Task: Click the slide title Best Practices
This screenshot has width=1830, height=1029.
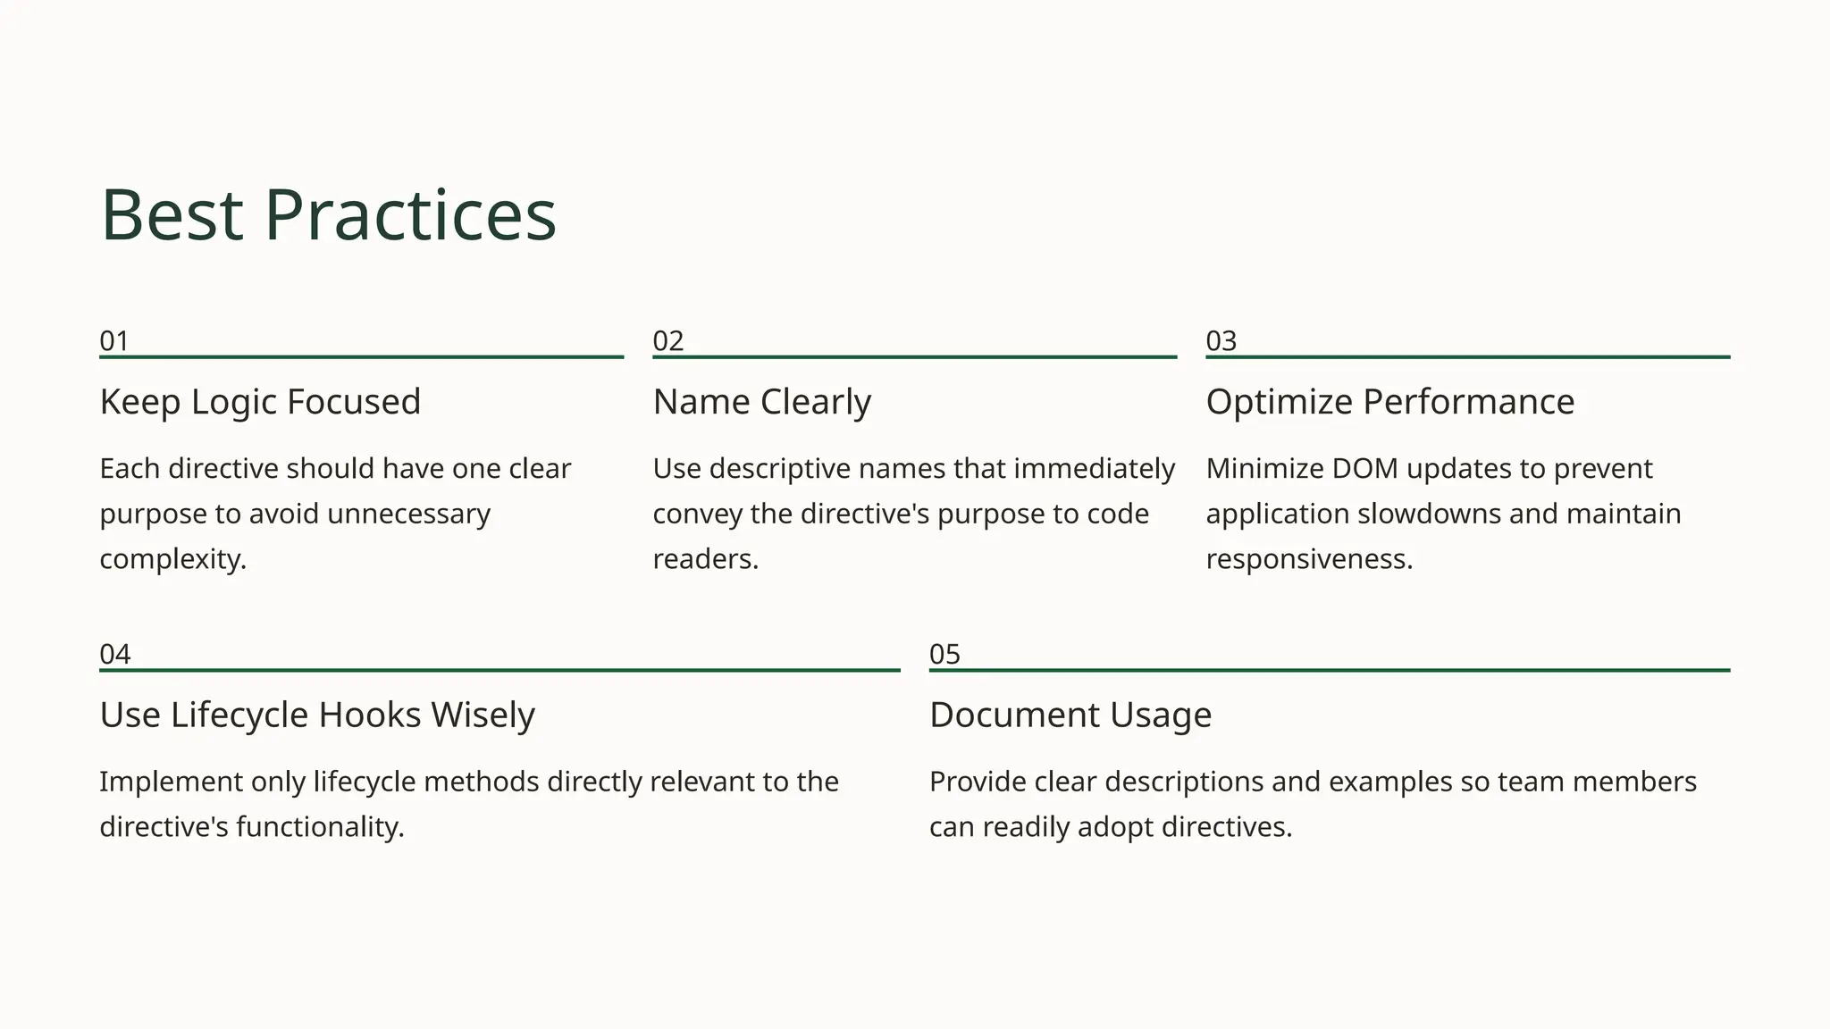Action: point(328,215)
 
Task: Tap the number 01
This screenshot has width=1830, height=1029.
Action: point(114,341)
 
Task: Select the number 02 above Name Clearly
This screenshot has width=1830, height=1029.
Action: point(667,341)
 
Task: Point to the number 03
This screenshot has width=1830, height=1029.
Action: point(1221,341)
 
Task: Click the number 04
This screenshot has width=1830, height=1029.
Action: point(114,655)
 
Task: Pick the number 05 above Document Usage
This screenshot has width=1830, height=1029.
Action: point(944,655)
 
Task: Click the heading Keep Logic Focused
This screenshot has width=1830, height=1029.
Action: point(260,402)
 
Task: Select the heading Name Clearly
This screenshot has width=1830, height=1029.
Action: point(761,402)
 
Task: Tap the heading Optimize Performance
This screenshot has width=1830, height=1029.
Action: point(1389,402)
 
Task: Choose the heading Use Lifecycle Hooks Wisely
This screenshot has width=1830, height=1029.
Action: point(317,715)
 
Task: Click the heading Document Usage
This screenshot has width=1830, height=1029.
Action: point(1070,715)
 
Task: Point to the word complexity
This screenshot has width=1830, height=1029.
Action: point(172,560)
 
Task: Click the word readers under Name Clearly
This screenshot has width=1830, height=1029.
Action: point(704,560)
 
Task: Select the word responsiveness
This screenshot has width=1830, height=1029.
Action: point(1308,560)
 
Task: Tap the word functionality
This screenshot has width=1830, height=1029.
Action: point(319,828)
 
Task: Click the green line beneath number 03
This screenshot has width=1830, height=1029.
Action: point(1467,357)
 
